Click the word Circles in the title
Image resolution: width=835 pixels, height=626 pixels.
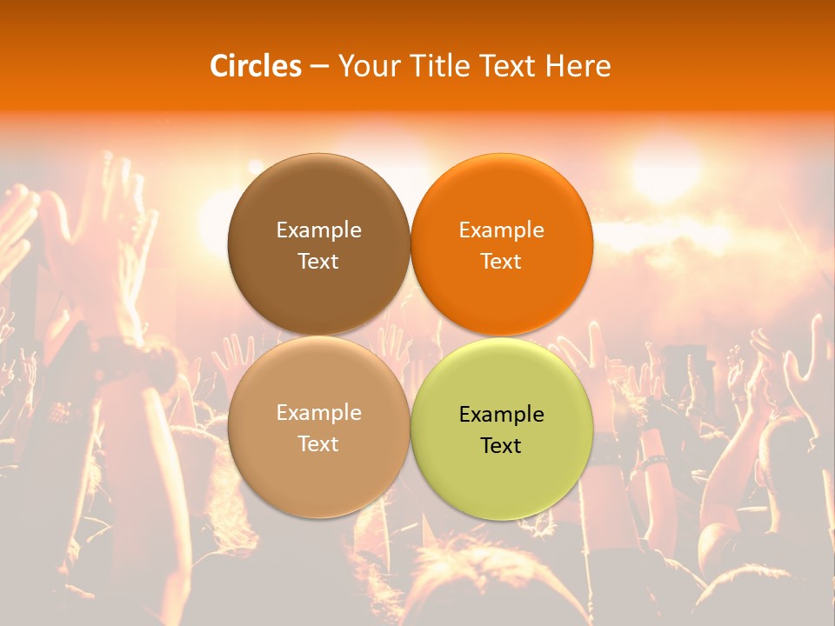coord(255,66)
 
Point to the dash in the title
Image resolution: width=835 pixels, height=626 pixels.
coord(319,67)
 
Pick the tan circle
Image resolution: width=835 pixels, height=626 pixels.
coord(318,487)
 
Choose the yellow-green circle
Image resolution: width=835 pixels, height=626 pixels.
coord(502,487)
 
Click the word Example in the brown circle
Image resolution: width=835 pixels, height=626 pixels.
coord(318,230)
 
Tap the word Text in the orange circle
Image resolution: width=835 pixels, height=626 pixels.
coord(501,261)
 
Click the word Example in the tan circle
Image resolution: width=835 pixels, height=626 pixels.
coord(318,413)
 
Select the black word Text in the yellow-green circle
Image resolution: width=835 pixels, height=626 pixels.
coord(501,445)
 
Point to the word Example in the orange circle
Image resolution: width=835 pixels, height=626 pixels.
coord(501,230)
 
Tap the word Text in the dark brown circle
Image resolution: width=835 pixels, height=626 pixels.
coord(318,261)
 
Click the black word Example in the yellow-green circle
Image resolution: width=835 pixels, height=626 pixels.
coord(501,415)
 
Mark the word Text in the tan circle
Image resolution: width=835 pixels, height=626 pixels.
coord(318,443)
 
